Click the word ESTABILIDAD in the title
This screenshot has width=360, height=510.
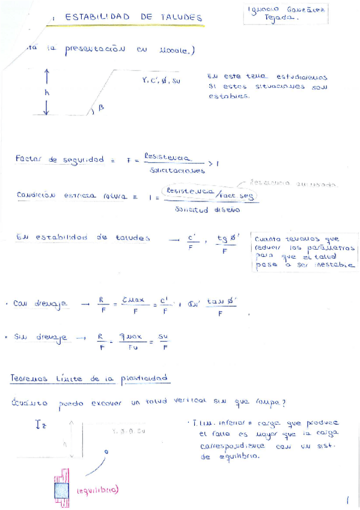97,17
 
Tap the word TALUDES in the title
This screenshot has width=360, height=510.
181,17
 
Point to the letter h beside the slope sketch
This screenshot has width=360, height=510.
47,93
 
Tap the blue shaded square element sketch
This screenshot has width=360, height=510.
62,490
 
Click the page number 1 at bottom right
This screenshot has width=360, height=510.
347,499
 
